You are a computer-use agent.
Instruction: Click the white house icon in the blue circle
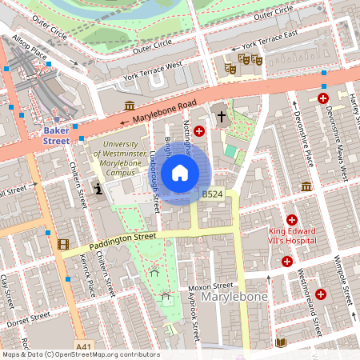tap(180, 172)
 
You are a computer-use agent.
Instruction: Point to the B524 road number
tap(212, 194)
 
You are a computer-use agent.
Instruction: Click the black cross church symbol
tap(222, 117)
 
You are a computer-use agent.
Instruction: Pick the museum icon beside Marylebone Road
tap(129, 106)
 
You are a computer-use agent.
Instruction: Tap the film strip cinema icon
tap(62, 243)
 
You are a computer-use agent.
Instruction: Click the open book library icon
tap(280, 342)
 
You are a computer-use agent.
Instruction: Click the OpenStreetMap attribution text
tap(80, 354)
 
